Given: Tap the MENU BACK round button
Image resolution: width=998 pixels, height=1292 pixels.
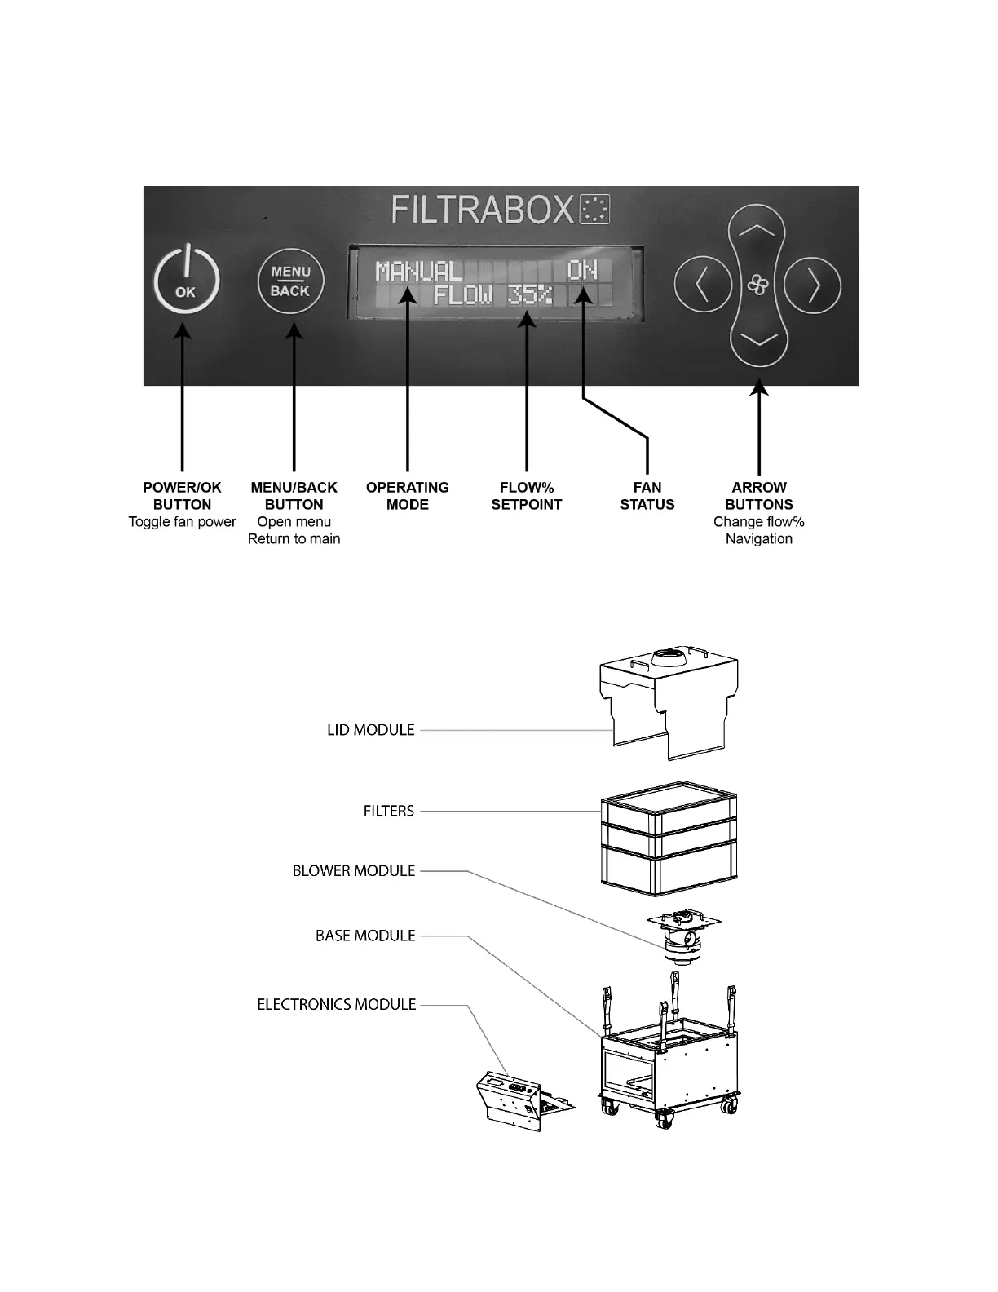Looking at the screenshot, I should pyautogui.click(x=290, y=282).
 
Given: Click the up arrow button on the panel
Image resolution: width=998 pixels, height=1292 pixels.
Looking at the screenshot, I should pyautogui.click(x=757, y=234).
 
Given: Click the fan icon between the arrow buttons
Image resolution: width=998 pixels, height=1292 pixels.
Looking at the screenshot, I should pyautogui.click(x=757, y=285).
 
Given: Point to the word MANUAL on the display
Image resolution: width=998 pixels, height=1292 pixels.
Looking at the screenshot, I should pyautogui.click(x=418, y=271).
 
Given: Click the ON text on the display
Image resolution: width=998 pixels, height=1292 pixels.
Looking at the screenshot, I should pyautogui.click(x=582, y=269).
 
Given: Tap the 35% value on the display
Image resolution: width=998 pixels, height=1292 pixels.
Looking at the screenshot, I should pyautogui.click(x=530, y=294).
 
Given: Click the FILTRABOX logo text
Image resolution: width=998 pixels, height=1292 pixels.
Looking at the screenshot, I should pyautogui.click(x=483, y=210).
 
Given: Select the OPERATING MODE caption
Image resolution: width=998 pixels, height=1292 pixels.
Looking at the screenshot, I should pyautogui.click(x=407, y=496).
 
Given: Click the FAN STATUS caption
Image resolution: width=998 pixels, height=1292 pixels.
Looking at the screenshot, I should pyautogui.click(x=647, y=496).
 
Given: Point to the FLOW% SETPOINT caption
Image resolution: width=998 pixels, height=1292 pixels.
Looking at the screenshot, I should pyautogui.click(x=526, y=496).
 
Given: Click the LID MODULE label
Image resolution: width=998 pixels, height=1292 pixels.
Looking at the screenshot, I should pyautogui.click(x=371, y=730).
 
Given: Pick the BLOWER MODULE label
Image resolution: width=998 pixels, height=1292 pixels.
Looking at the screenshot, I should pyautogui.click(x=354, y=871).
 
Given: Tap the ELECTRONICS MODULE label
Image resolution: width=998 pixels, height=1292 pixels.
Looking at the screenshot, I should pyautogui.click(x=337, y=1004).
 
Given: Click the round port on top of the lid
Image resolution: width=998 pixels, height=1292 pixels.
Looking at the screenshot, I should pyautogui.click(x=670, y=658).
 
